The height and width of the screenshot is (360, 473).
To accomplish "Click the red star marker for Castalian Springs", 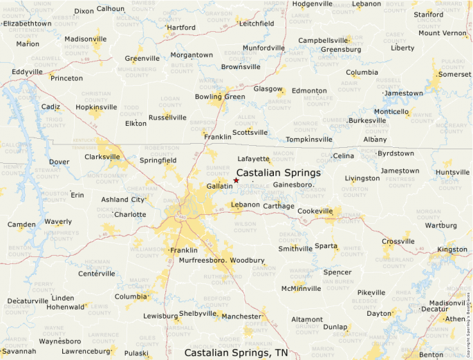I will tap(236, 180).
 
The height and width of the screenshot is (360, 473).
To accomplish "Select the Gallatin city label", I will tap(219, 187).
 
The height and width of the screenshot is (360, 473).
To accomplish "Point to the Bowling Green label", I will tap(220, 97).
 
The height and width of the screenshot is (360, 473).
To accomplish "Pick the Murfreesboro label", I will tap(203, 260).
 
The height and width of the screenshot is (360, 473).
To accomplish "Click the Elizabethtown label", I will tap(27, 23).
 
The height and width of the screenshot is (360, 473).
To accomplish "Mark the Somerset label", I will tap(454, 74).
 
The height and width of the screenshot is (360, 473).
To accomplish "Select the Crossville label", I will tap(398, 241).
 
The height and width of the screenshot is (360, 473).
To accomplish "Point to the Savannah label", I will tap(18, 351).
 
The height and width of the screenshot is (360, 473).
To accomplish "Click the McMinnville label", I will tap(301, 289).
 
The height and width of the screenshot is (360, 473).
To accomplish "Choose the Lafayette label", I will tap(253, 159).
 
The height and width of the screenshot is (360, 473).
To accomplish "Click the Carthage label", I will tap(279, 206).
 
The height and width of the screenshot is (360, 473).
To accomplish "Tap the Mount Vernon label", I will tap(443, 33).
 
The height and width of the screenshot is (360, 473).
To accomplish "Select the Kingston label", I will tap(452, 249).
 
